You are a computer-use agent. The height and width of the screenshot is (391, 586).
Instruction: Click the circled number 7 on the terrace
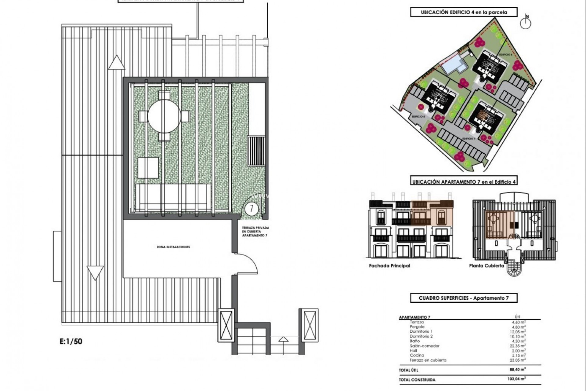click(x=251, y=209)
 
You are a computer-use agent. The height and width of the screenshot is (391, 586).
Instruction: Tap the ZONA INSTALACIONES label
click(x=173, y=247)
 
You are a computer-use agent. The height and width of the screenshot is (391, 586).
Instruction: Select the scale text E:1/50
click(x=71, y=341)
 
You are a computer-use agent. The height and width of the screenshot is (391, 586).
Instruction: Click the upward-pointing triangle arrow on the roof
click(x=117, y=63)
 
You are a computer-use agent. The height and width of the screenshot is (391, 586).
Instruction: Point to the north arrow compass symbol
click(x=525, y=22)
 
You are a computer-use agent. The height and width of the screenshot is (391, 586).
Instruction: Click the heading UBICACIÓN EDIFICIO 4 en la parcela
click(x=464, y=12)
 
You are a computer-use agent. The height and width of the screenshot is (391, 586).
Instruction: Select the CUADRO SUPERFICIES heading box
click(x=464, y=298)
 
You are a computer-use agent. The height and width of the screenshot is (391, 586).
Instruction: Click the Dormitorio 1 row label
click(x=421, y=331)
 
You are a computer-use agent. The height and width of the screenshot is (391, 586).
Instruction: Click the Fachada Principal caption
click(x=389, y=266)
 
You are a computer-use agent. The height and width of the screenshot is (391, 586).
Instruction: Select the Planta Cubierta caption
click(x=487, y=266)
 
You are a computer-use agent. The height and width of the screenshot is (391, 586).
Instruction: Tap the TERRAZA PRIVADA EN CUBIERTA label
click(x=255, y=232)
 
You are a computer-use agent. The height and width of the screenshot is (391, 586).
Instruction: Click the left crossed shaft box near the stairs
click(x=226, y=325)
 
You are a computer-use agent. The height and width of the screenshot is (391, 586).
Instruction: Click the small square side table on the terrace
click(x=148, y=168)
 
